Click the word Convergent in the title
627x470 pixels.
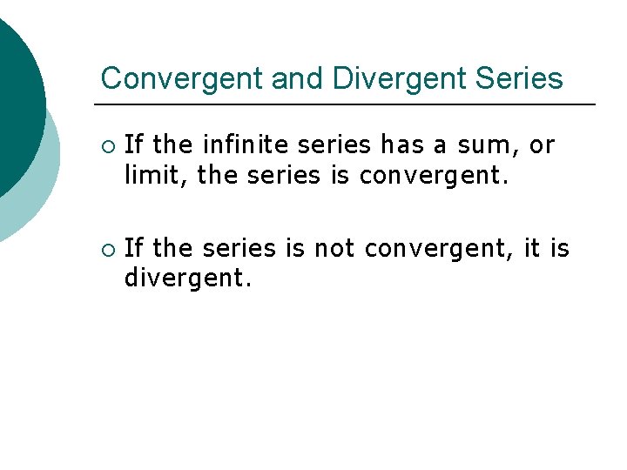[x=183, y=79]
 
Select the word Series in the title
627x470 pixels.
[x=522, y=79]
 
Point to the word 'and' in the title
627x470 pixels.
[x=297, y=79]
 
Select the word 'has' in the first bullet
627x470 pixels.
[x=402, y=145]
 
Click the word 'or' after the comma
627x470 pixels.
[x=542, y=145]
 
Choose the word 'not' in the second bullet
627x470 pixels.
[x=334, y=249]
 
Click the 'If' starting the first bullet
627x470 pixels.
[x=134, y=145]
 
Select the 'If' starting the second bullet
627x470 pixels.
[x=134, y=249]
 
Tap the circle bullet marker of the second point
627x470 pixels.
[x=106, y=250]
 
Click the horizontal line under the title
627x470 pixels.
[x=348, y=105]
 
